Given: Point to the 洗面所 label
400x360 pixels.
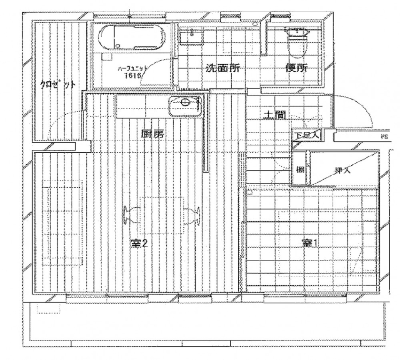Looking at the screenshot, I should pyautogui.click(x=223, y=69).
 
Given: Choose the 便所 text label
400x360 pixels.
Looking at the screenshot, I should pyautogui.click(x=296, y=69).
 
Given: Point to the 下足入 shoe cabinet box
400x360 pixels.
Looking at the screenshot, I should pyautogui.click(x=307, y=135).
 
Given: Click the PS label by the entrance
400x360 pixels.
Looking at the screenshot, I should pyautogui.click(x=382, y=136).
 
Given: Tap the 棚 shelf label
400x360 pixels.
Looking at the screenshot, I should pyautogui.click(x=300, y=170).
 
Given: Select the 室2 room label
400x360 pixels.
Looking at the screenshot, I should pyautogui.click(x=140, y=244).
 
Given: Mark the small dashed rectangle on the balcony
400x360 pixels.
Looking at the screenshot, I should pyautogui.click(x=49, y=307).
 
